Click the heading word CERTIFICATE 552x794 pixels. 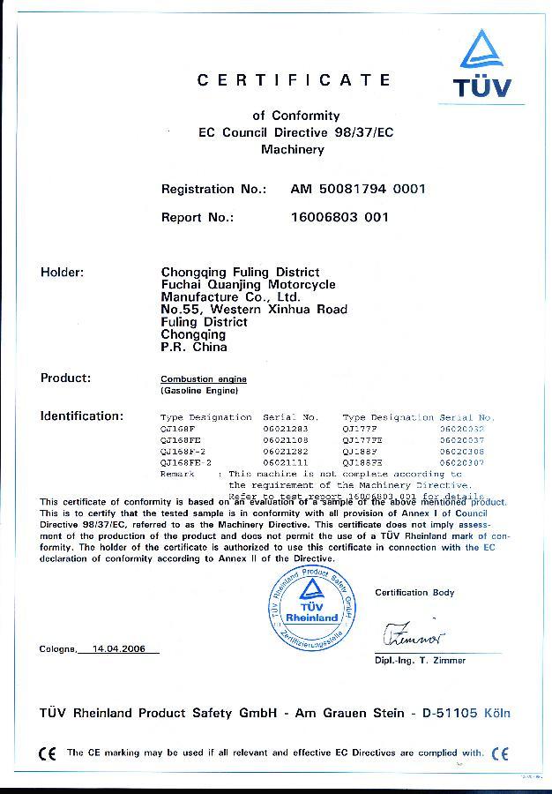[x=294, y=80]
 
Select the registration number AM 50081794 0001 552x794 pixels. [x=358, y=189]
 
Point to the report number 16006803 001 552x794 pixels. [x=339, y=216]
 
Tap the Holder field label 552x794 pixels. [x=62, y=272]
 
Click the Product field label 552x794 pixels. [x=65, y=378]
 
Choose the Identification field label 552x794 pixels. [x=81, y=416]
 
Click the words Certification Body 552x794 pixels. [x=414, y=592]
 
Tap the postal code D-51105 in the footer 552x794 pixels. [x=454, y=712]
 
